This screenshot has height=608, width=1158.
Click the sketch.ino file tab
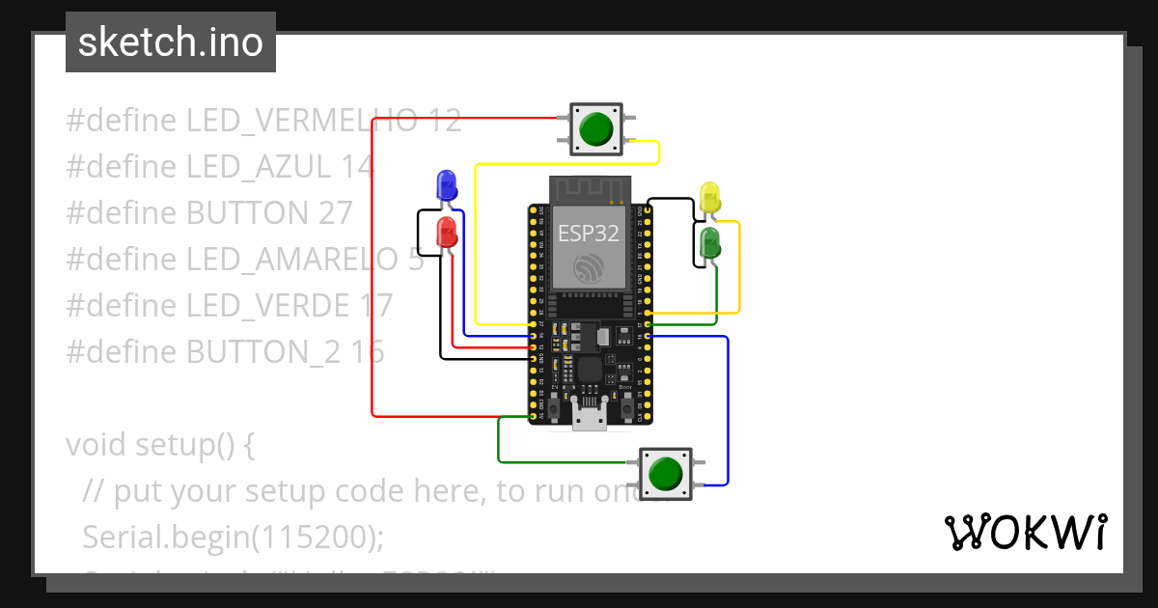click(171, 42)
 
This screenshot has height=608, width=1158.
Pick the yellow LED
click(710, 197)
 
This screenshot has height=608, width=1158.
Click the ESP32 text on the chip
click(588, 233)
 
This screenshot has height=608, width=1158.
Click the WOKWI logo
click(1025, 532)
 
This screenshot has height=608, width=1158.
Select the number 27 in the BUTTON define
click(335, 213)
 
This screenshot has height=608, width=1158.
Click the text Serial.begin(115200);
click(227, 537)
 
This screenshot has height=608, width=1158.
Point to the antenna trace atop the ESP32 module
click(589, 189)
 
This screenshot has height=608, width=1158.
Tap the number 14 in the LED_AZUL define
click(356, 167)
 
